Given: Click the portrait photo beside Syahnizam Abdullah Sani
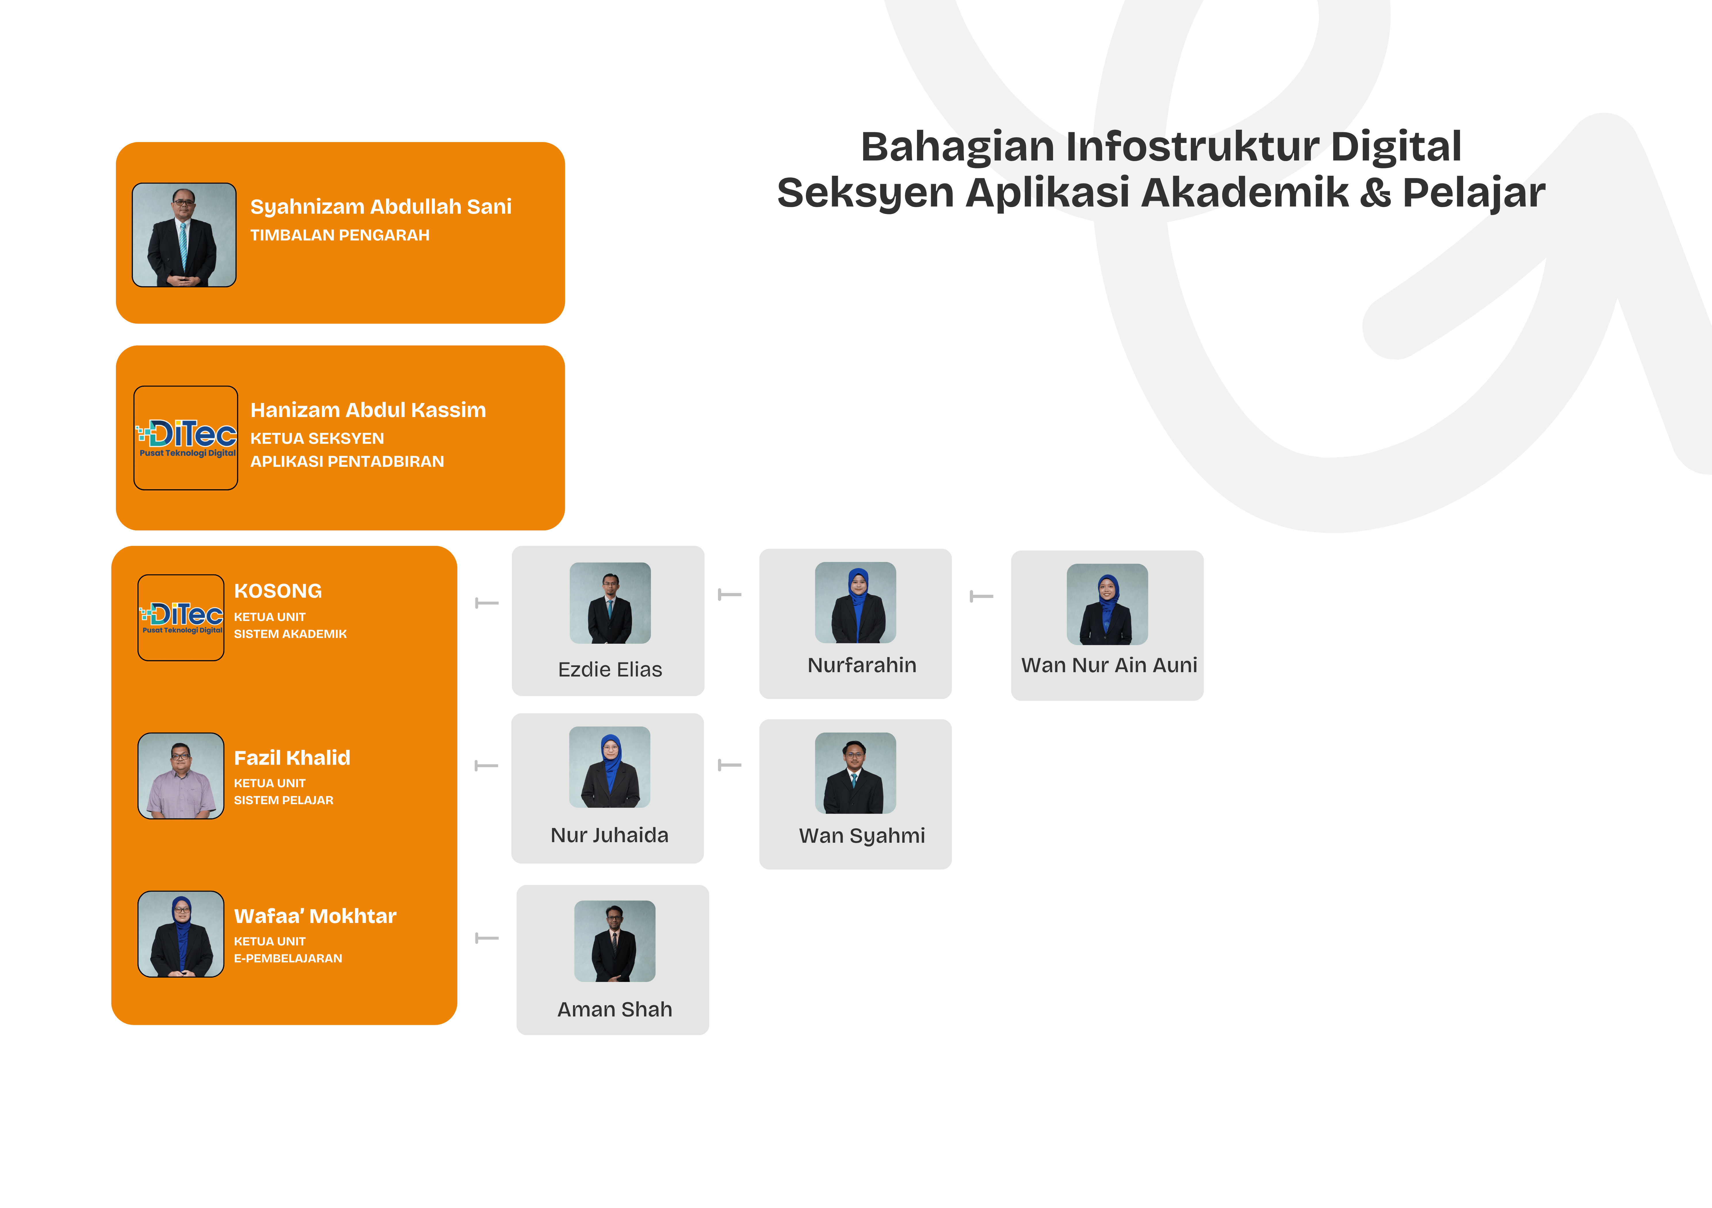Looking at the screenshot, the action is pos(184,235).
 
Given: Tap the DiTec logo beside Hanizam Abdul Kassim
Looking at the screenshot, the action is pos(186,438).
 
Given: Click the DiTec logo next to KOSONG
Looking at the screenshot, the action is pos(181,618).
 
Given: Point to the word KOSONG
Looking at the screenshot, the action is pos(278,591).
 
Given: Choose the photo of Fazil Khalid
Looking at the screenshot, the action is pos(181,775).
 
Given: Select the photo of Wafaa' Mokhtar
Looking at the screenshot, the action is pos(181,934).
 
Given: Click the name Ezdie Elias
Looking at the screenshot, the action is pos(610,670).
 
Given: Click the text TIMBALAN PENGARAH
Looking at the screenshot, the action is pos(340,235).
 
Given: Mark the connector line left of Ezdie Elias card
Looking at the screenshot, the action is pos(487,603).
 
